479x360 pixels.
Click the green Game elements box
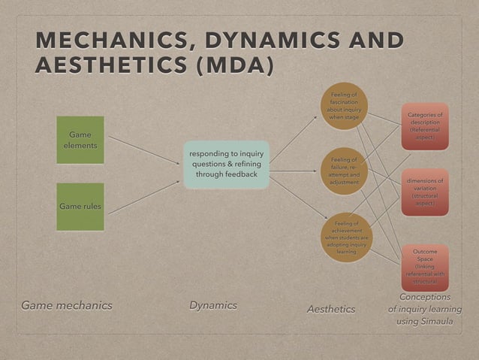tap(80, 140)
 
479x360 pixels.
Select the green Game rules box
tap(80, 206)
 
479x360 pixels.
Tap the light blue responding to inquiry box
tap(226, 165)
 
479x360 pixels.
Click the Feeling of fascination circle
tap(345, 106)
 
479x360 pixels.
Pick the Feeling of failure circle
tap(345, 171)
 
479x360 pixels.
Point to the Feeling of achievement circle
tap(346, 237)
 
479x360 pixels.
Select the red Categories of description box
tap(424, 126)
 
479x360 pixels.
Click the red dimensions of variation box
tap(424, 192)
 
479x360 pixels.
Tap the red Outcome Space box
tap(424, 265)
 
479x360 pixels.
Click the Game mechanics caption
tap(66, 305)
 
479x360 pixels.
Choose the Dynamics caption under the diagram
tap(212, 305)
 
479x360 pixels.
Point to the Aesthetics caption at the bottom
tap(331, 309)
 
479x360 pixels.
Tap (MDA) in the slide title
tap(234, 66)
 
